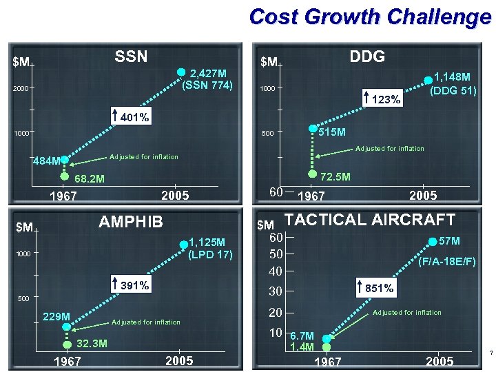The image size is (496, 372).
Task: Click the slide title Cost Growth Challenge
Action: [370, 17]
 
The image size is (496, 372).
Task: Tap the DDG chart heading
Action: [367, 56]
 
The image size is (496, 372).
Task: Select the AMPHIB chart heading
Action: [131, 221]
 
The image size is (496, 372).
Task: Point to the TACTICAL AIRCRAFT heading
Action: [370, 220]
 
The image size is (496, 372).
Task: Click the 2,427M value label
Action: [213, 73]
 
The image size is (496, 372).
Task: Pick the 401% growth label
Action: [135, 117]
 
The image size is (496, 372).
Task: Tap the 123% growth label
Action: [385, 100]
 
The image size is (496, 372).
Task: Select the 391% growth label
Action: [134, 285]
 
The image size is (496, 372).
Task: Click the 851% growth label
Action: [380, 288]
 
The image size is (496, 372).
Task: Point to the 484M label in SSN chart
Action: [47, 162]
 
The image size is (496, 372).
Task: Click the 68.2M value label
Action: [90, 179]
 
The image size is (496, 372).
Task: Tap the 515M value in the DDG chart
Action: [332, 132]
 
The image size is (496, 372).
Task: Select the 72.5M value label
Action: [338, 177]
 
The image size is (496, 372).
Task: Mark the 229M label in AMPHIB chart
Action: [56, 316]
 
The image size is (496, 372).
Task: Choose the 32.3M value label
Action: [91, 343]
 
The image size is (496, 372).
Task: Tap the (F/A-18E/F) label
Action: [448, 262]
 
